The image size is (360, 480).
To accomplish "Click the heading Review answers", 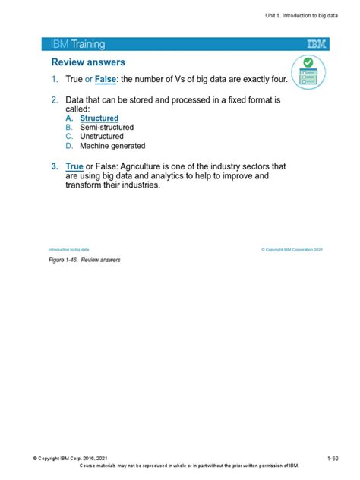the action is point(88,62).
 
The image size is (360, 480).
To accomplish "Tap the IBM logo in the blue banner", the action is point(317,45).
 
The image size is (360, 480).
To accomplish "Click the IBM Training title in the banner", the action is point(77,45).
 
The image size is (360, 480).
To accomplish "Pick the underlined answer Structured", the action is point(99,118).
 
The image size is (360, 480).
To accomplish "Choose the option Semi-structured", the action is point(106,128).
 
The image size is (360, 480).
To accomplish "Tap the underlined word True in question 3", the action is point(74,166).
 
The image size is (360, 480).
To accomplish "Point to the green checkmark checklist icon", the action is point(308,71).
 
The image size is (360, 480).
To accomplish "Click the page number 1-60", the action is point(333,458).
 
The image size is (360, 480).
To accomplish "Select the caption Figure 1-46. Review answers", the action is point(84,260).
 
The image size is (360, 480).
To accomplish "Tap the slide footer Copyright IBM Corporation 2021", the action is point(292,249).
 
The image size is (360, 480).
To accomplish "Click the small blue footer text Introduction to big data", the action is point(68,249).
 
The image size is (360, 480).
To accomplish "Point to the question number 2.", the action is point(55,100).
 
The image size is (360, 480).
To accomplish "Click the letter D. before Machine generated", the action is point(68,146).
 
